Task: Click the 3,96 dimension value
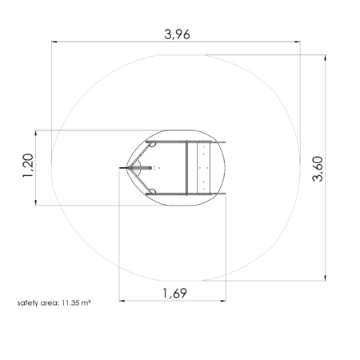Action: [x=177, y=34]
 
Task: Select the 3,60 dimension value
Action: [x=318, y=169]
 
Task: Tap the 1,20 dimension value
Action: [x=28, y=166]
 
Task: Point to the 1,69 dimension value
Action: [x=175, y=293]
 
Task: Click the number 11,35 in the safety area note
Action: [x=70, y=303]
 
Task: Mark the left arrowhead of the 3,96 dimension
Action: [x=54, y=42]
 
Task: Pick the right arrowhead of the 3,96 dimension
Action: [x=297, y=42]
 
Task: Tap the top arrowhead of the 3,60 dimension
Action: [x=325, y=58]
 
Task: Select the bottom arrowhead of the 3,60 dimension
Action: [x=325, y=278]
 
